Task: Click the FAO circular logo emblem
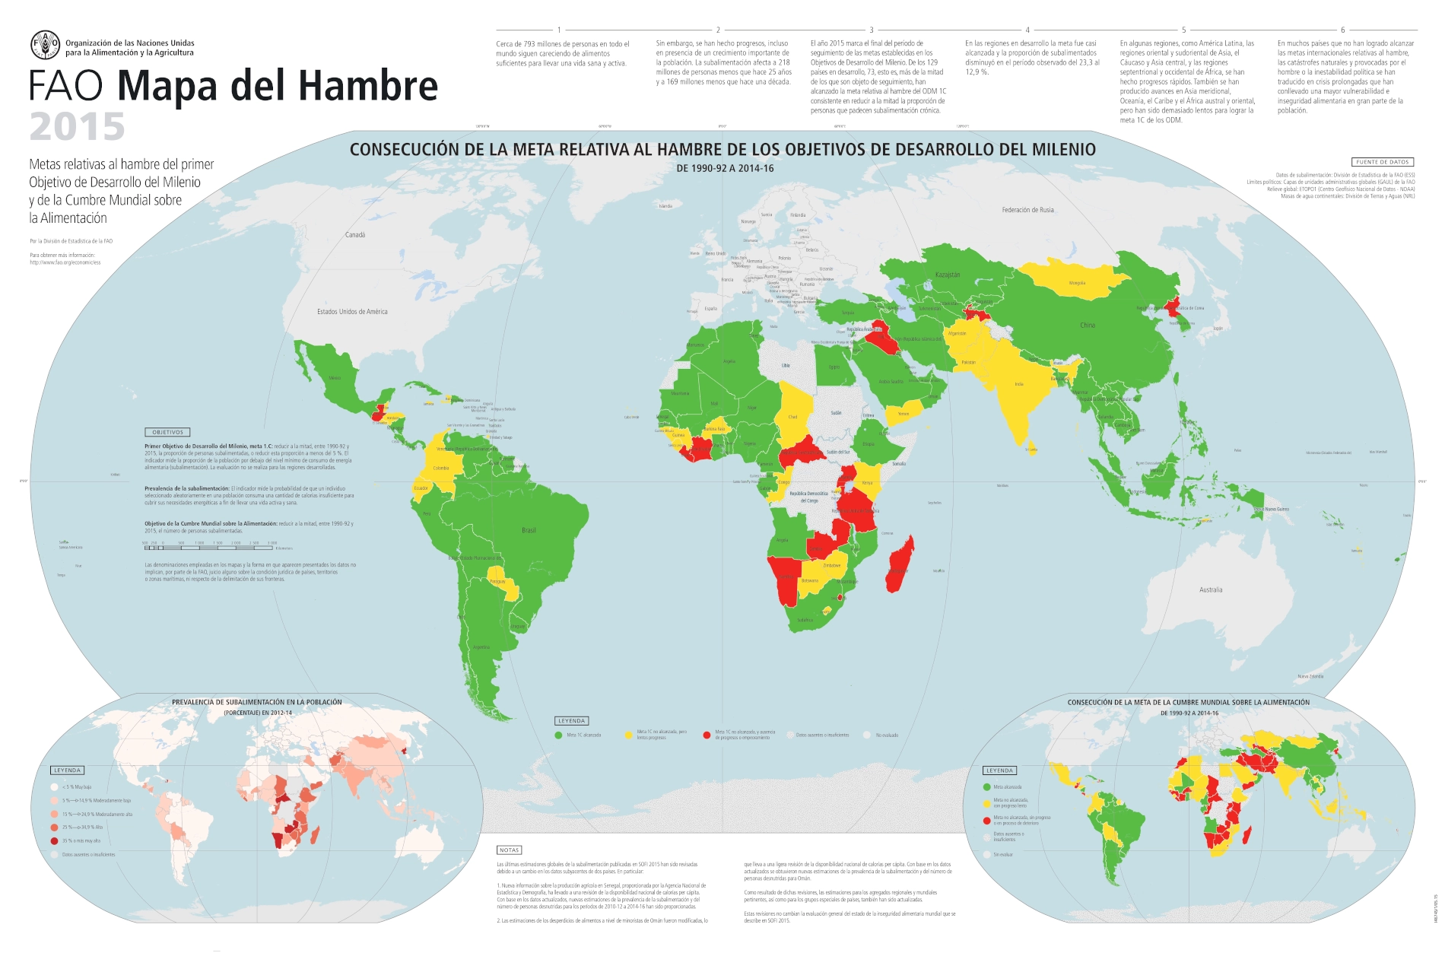click(x=45, y=46)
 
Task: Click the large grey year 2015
click(x=77, y=127)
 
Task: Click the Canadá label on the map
click(x=355, y=235)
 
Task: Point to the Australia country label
click(x=1211, y=589)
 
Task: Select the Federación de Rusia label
click(x=1027, y=210)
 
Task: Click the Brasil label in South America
click(x=529, y=530)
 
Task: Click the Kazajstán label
click(x=948, y=275)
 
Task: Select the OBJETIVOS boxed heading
click(x=167, y=432)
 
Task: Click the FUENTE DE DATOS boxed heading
click(x=1383, y=162)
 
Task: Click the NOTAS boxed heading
click(x=509, y=850)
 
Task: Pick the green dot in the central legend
click(x=559, y=735)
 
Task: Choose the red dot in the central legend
click(x=707, y=735)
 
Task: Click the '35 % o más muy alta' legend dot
click(x=55, y=840)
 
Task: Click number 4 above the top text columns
click(x=1027, y=30)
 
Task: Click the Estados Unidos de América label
click(x=352, y=311)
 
